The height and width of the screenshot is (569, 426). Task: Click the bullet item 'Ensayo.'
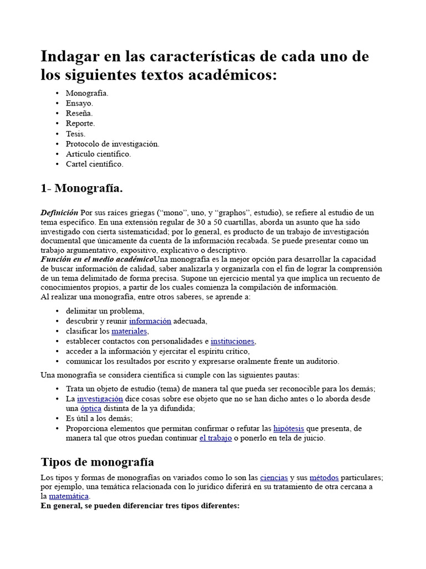(79, 103)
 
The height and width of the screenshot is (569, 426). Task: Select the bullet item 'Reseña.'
(79, 113)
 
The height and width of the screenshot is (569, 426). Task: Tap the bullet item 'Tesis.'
(75, 134)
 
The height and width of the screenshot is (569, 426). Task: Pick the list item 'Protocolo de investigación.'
(113, 144)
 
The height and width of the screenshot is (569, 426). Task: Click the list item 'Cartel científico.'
(94, 164)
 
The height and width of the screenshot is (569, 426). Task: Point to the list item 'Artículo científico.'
(98, 154)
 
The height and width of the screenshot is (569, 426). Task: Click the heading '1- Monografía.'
(82, 188)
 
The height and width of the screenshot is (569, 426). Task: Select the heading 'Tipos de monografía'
(98, 462)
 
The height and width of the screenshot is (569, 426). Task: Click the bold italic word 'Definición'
(59, 213)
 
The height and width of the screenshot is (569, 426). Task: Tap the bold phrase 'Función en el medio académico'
(97, 259)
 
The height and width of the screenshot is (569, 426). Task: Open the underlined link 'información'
(150, 321)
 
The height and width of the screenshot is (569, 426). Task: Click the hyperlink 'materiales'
(130, 331)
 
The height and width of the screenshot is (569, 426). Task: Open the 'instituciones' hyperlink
(232, 341)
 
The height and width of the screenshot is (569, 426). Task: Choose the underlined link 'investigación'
(100, 399)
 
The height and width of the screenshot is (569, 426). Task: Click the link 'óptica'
(91, 408)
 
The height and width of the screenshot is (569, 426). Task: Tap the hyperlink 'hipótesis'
(288, 428)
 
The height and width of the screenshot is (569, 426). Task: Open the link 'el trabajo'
(216, 438)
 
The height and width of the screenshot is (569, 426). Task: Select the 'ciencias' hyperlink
(273, 477)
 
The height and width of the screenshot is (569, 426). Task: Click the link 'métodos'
(323, 477)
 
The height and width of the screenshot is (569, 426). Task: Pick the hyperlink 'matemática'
(68, 496)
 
